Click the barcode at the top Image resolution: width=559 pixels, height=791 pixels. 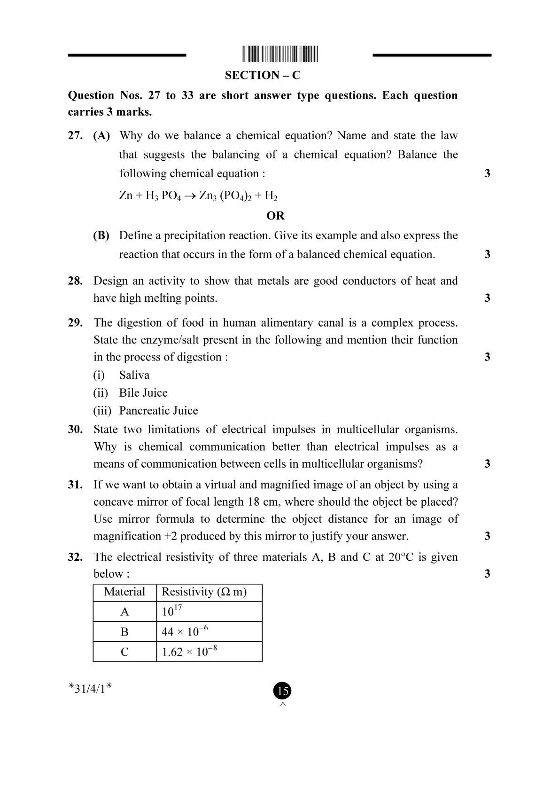(280, 54)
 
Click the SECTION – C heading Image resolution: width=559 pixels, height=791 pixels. (262, 75)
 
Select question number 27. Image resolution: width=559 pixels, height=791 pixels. (75, 136)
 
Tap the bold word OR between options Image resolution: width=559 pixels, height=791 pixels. (275, 216)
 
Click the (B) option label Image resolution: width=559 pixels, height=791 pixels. (101, 235)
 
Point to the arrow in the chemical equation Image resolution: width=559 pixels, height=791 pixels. (190, 196)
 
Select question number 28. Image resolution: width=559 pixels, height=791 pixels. (75, 281)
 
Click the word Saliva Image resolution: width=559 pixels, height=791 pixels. (134, 375)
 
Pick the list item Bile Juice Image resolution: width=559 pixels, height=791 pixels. (143, 393)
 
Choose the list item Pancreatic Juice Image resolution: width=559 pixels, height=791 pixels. (158, 411)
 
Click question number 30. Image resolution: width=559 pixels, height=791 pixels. (75, 430)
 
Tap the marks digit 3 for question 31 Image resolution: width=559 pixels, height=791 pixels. (487, 536)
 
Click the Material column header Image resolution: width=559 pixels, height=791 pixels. (124, 592)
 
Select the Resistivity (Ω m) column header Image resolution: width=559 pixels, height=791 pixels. (204, 592)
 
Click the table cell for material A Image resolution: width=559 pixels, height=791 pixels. (124, 612)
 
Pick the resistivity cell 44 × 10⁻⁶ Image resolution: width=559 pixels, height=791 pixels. (185, 632)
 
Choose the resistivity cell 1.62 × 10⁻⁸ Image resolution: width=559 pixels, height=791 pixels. (189, 652)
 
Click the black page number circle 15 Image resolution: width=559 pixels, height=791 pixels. (282, 690)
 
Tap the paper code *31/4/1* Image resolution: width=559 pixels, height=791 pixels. (90, 689)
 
